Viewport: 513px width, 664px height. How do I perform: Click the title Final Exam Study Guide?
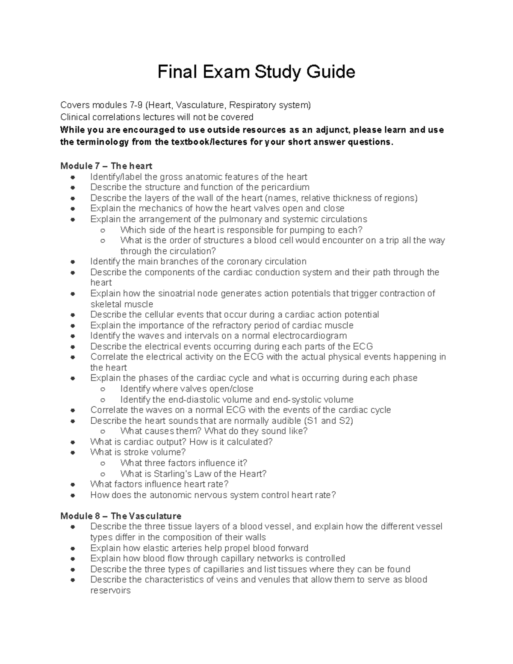[x=256, y=72]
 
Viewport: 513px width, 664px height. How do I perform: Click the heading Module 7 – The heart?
[x=106, y=166]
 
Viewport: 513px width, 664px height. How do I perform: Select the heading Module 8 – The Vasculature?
[x=121, y=516]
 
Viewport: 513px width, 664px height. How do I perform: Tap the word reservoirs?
[x=110, y=590]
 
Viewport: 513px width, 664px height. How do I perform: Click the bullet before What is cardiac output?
[x=73, y=442]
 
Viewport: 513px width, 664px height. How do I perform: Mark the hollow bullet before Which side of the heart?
[x=103, y=230]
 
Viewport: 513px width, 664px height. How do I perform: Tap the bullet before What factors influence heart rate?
[x=73, y=484]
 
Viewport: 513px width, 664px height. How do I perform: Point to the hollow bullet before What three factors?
[x=103, y=463]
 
